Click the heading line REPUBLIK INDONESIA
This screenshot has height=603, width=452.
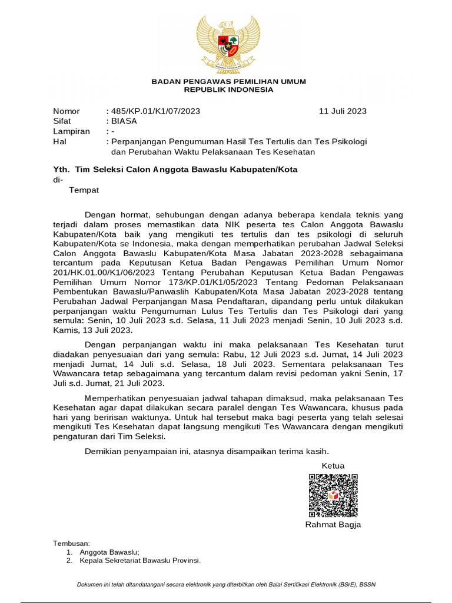click(229, 90)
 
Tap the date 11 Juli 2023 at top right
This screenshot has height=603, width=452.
click(343, 111)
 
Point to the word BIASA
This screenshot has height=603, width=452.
click(124, 121)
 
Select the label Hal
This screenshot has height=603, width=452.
click(59, 142)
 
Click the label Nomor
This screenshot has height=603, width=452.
click(67, 111)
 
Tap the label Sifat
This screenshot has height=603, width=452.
click(62, 121)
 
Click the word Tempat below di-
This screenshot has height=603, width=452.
click(84, 190)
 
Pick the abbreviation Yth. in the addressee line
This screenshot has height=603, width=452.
click(61, 170)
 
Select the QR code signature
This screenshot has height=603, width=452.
click(333, 495)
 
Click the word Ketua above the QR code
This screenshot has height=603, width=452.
click(333, 466)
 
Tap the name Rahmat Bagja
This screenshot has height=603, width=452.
click(333, 525)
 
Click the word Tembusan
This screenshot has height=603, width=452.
click(72, 543)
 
